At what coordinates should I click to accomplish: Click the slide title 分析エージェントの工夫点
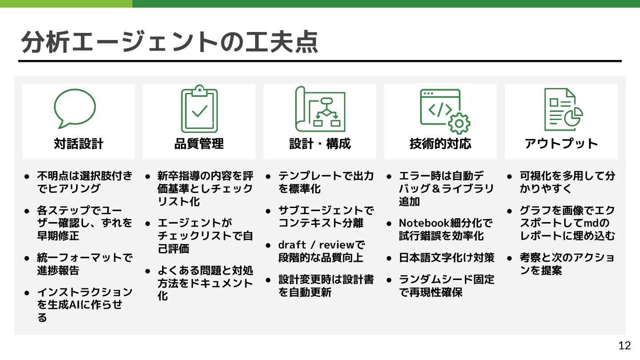click(x=170, y=42)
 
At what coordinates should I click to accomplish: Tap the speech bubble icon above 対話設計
click(x=75, y=108)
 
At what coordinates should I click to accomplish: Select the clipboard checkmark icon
click(x=199, y=109)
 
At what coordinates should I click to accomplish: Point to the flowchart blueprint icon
click(x=320, y=109)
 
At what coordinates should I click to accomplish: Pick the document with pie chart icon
click(x=563, y=109)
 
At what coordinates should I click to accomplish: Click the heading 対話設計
click(x=79, y=144)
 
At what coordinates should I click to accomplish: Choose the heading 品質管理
click(x=199, y=144)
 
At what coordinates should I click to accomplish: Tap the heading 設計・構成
click(x=320, y=144)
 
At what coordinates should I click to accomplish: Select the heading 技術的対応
click(x=440, y=144)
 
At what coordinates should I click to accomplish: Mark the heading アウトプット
click(x=561, y=144)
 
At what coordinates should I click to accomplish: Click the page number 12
click(x=624, y=346)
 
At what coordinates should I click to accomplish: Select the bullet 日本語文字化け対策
click(x=446, y=258)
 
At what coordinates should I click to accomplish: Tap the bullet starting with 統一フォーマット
click(x=84, y=264)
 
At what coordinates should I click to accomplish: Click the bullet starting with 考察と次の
click(x=567, y=264)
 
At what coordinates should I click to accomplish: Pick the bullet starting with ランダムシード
click(x=446, y=286)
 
